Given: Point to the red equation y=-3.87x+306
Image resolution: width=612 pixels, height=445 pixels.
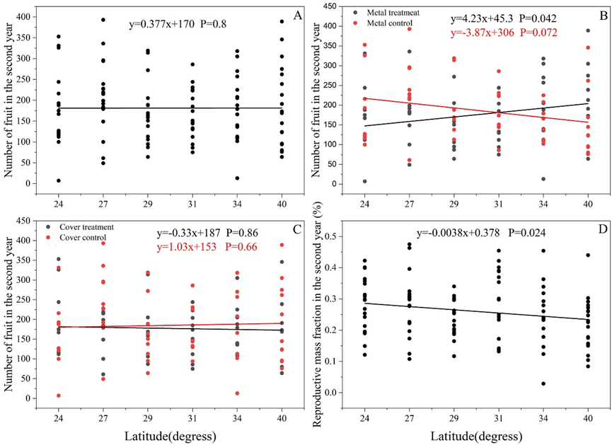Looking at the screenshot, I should point(479,33).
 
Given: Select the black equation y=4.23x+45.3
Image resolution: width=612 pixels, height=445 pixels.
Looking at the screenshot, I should point(479,20).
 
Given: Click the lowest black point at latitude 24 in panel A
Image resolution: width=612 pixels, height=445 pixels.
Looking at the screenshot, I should point(59,180).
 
